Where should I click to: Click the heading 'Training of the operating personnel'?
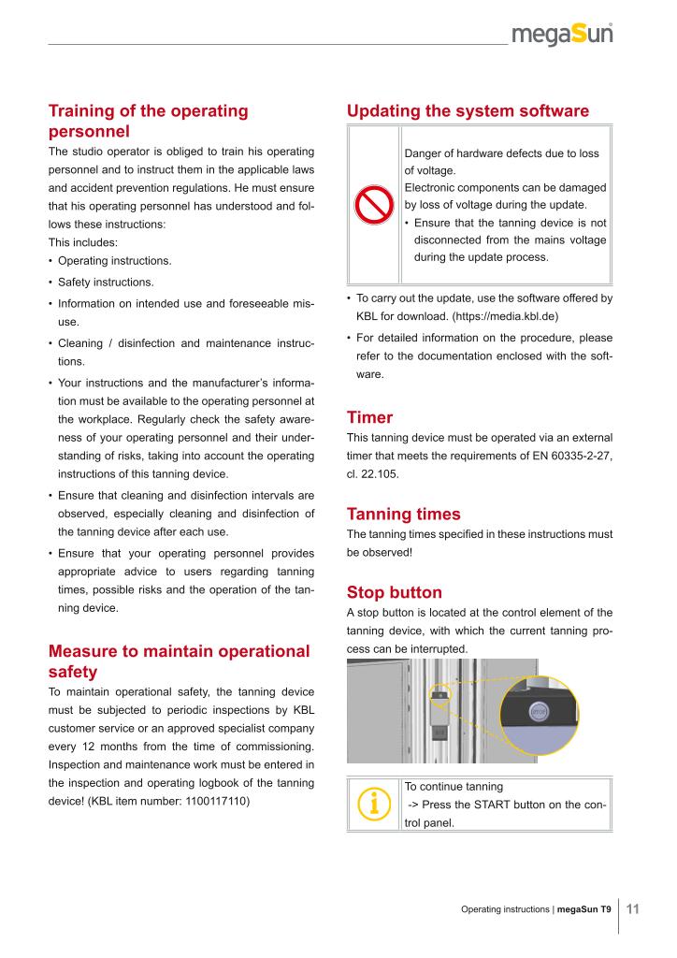(148, 122)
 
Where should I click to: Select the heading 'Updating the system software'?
(468, 111)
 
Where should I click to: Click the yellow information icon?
(374, 804)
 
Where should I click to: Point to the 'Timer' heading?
(369, 416)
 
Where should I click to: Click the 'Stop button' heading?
(394, 591)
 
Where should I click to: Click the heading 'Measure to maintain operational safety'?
(178, 660)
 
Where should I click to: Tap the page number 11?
(632, 908)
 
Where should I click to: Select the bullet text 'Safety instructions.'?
(107, 282)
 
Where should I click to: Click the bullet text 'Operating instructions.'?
(114, 260)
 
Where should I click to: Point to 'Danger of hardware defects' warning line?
(501, 153)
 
